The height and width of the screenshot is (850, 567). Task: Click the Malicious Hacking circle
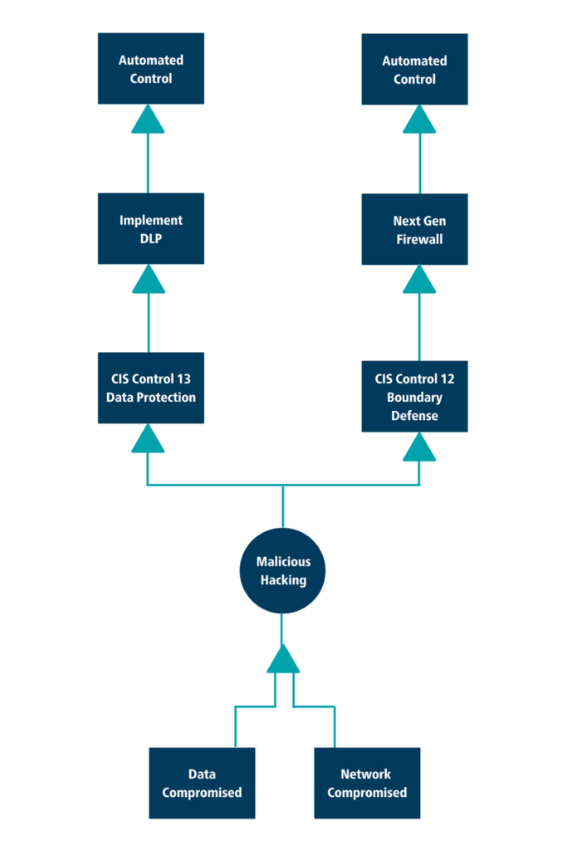pyautogui.click(x=282, y=571)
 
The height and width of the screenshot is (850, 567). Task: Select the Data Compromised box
pyautogui.click(x=202, y=784)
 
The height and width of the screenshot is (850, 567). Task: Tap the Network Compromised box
pyautogui.click(x=367, y=784)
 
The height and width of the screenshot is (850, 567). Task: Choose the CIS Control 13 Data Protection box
pyautogui.click(x=150, y=388)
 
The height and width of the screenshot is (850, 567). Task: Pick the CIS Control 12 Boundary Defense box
pyautogui.click(x=414, y=396)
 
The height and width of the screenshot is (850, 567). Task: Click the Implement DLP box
pyautogui.click(x=150, y=228)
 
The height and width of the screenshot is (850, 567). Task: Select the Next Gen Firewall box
pyautogui.click(x=414, y=229)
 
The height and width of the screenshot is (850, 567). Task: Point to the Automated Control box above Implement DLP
pyautogui.click(x=150, y=69)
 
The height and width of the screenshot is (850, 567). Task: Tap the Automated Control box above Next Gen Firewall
pyautogui.click(x=414, y=69)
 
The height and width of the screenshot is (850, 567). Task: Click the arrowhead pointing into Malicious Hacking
pyautogui.click(x=283, y=659)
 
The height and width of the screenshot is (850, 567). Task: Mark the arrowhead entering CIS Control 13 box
pyautogui.click(x=148, y=439)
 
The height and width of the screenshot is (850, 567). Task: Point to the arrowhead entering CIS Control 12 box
pyautogui.click(x=419, y=447)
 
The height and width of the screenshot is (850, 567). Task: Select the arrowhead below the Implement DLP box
pyautogui.click(x=148, y=280)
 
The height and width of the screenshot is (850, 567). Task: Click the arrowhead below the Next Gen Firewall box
pyautogui.click(x=419, y=280)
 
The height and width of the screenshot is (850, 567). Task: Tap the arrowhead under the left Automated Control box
pyautogui.click(x=148, y=120)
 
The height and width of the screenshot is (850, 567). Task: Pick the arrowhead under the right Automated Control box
pyautogui.click(x=419, y=120)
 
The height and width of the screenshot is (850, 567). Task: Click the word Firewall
pyautogui.click(x=414, y=238)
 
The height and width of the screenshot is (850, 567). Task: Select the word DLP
pyautogui.click(x=150, y=237)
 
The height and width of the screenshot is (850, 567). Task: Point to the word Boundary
pyautogui.click(x=414, y=397)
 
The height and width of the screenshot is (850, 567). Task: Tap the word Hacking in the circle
pyautogui.click(x=283, y=580)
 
